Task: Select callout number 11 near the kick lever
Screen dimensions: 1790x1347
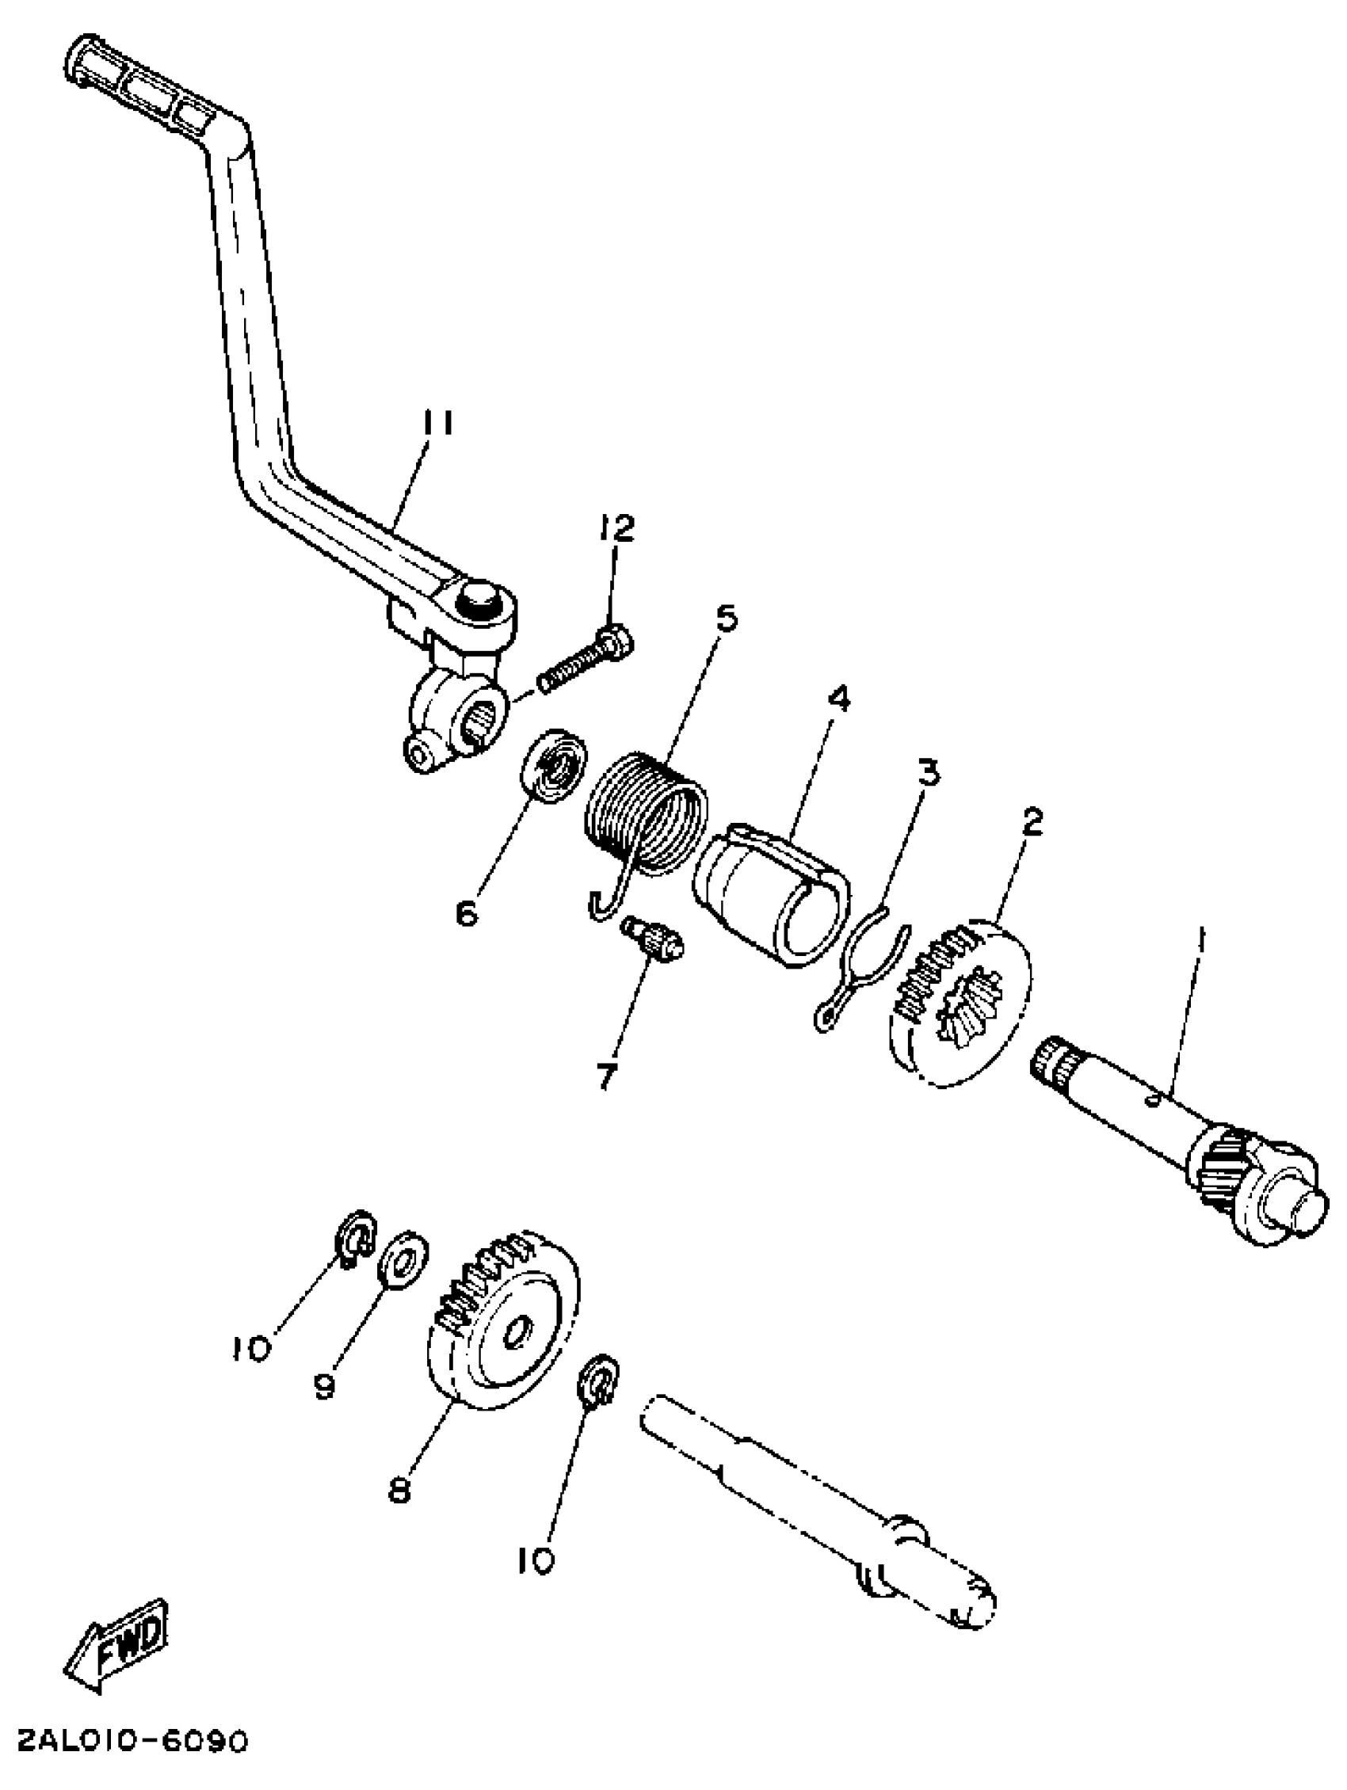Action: click(437, 424)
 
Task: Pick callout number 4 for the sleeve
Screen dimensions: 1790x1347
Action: click(839, 698)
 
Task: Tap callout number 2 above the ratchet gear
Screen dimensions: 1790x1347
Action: click(1032, 822)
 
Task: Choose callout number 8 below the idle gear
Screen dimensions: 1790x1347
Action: click(399, 1487)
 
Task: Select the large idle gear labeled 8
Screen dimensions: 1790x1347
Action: click(502, 1331)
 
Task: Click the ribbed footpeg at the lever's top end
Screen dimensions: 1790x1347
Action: click(138, 89)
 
